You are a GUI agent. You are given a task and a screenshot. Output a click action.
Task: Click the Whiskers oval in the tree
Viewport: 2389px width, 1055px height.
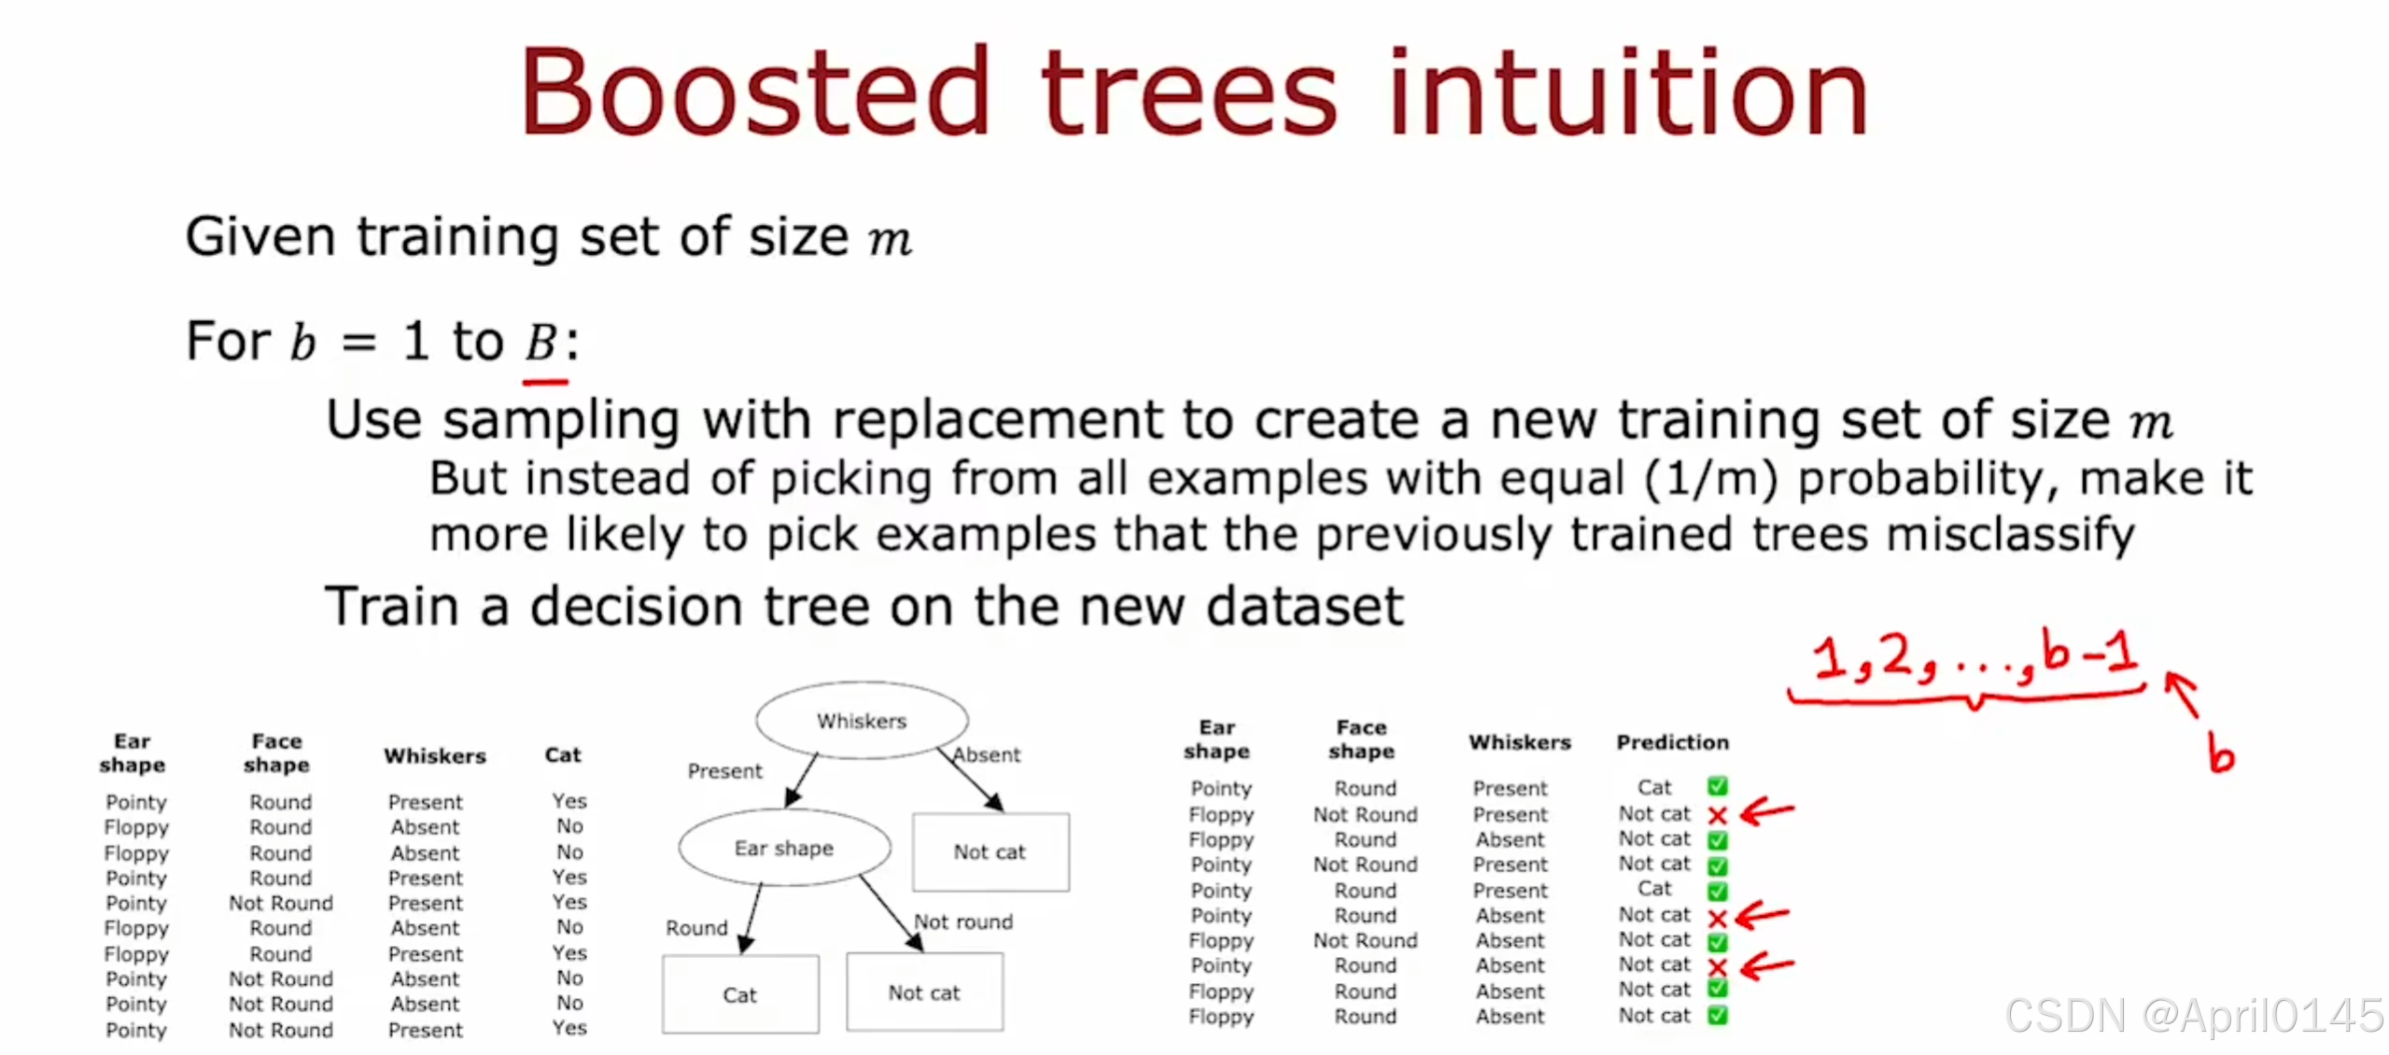point(861,721)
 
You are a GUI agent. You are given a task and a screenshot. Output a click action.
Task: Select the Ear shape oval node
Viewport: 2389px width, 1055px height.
point(783,848)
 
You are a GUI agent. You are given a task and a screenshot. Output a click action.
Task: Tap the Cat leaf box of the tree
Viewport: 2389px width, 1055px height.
point(739,994)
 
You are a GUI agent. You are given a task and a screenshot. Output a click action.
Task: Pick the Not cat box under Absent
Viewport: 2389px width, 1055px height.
point(990,851)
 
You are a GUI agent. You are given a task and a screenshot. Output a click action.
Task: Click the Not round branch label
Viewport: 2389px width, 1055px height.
point(963,921)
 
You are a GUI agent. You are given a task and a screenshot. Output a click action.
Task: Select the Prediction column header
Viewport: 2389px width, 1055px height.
point(1672,742)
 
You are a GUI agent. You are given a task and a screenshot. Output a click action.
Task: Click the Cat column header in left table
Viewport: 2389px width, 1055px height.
point(563,754)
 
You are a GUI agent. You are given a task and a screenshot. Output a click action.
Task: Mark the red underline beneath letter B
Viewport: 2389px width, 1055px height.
point(545,382)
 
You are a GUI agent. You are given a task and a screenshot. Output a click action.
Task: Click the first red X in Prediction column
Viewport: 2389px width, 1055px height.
point(1717,815)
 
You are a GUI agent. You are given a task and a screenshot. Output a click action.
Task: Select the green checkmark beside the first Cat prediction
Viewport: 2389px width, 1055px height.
point(1717,786)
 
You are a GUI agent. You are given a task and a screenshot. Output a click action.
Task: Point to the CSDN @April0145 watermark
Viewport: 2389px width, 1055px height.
point(2194,1015)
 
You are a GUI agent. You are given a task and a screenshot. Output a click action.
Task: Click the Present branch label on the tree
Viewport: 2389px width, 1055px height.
point(724,771)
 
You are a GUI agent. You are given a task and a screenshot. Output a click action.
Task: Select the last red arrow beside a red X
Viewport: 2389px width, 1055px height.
point(1766,965)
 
